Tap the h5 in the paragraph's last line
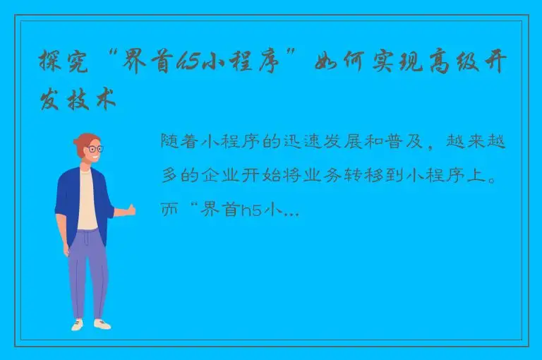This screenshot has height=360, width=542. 251,211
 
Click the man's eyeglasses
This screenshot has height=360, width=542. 92,150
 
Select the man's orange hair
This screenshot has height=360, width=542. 83,140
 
